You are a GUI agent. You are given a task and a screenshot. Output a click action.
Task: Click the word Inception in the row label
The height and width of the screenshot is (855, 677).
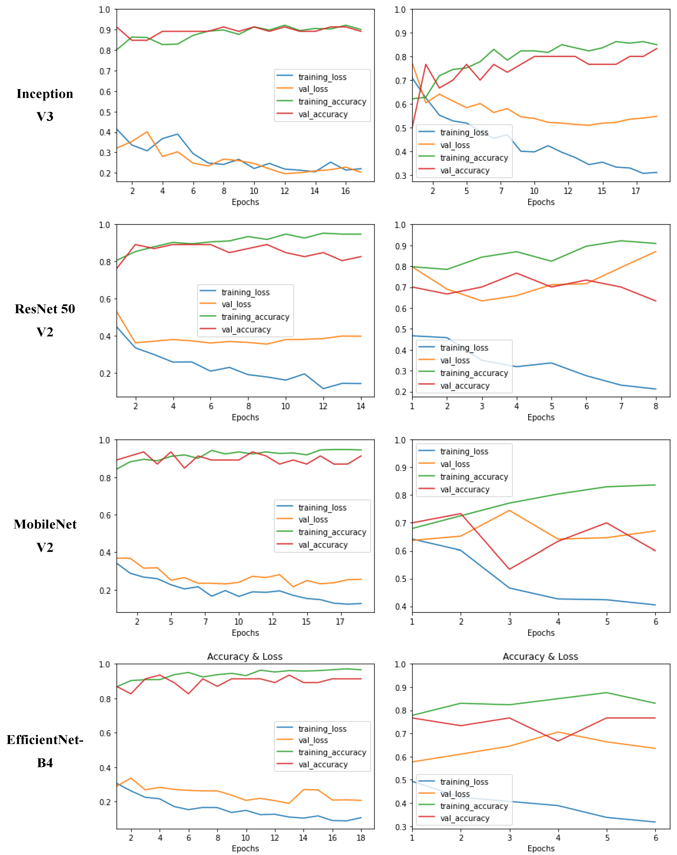(45, 94)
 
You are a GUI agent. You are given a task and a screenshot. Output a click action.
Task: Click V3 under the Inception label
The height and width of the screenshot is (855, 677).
(45, 117)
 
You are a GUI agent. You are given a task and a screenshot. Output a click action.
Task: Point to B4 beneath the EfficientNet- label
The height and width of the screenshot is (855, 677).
(45, 763)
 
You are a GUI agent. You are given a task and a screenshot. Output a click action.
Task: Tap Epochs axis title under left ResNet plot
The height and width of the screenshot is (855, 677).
(245, 417)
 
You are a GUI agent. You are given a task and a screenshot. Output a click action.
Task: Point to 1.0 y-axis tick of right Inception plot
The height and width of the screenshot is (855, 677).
(400, 9)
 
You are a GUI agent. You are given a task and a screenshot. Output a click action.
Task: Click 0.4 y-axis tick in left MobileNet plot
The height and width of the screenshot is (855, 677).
(105, 553)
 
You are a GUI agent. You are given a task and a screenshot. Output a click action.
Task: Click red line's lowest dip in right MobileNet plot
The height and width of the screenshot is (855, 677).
(510, 569)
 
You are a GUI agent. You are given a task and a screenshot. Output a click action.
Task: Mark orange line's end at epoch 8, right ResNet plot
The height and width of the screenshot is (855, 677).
(656, 252)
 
